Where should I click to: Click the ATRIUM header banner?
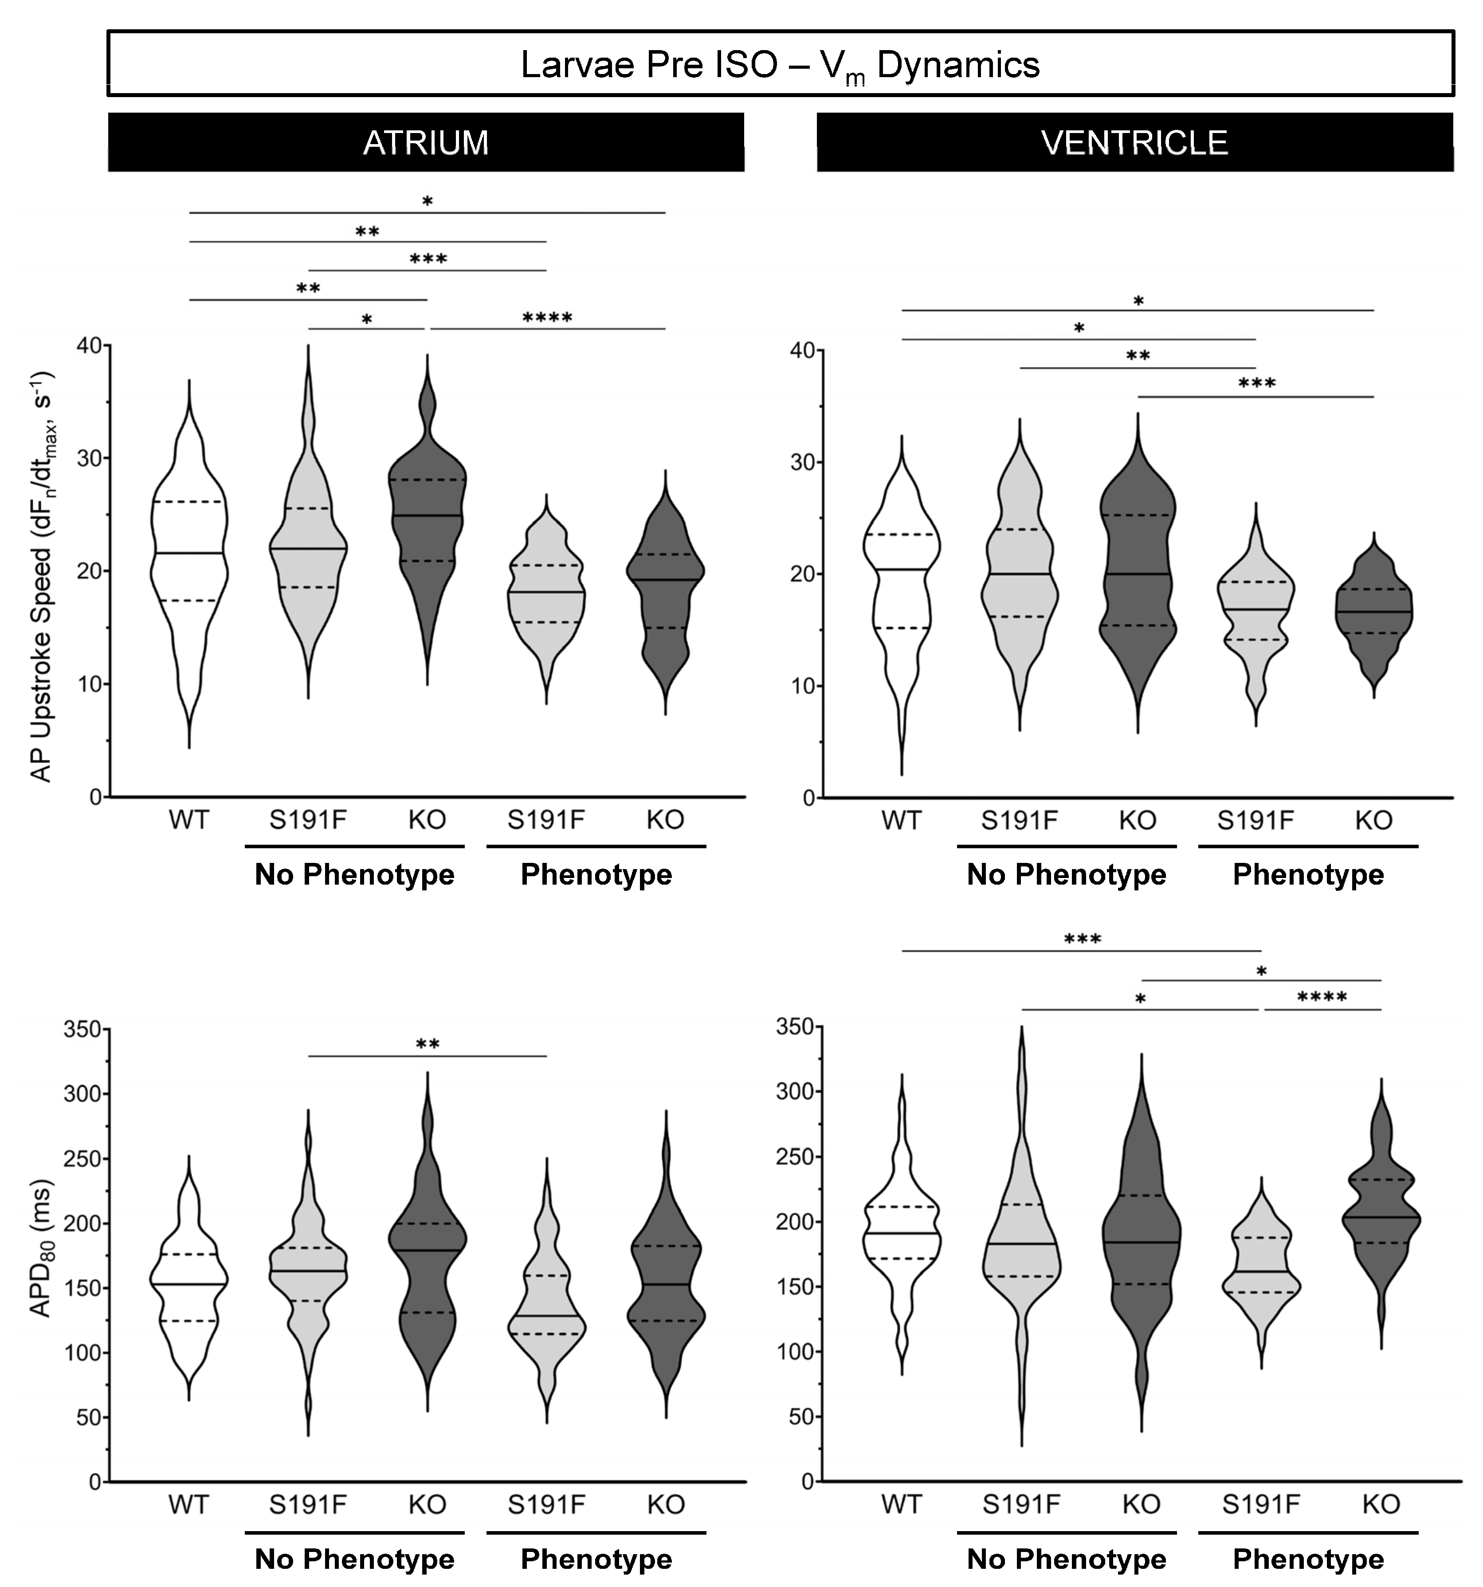coord(426,142)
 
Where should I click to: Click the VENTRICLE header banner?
coord(1134,142)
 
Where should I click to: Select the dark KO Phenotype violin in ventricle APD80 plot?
coord(1381,1221)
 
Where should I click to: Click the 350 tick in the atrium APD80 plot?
coord(84,1029)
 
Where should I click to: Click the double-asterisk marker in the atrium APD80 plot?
coord(428,1044)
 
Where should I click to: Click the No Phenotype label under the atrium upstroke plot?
coord(355,875)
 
